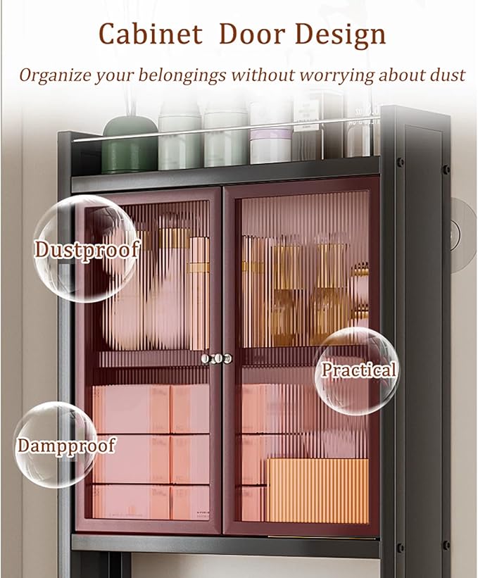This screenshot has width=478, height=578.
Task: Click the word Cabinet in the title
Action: tap(151, 34)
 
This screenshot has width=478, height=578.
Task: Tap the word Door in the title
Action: tap(253, 34)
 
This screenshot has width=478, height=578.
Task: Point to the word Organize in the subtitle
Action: tap(56, 75)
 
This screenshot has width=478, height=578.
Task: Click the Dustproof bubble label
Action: tap(87, 250)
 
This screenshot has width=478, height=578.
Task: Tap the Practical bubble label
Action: tap(358, 370)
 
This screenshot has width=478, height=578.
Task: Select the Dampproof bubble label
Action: tap(66, 446)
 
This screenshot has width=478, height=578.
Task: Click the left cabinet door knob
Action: tap(208, 358)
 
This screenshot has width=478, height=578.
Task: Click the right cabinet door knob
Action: tap(227, 358)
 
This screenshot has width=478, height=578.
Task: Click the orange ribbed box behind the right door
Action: tap(317, 490)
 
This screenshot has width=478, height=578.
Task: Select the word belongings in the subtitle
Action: tap(182, 75)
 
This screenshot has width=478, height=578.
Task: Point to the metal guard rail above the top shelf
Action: tap(225, 129)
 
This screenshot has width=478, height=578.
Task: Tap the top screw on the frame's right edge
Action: tap(446, 170)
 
